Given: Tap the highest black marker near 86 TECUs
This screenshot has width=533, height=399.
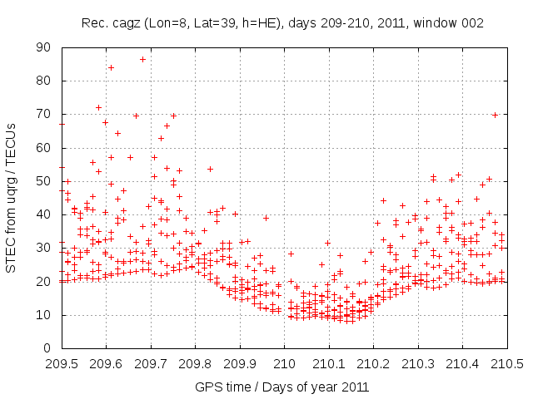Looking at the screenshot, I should pos(142,59).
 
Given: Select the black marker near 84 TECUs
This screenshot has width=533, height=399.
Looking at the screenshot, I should pos(111,67).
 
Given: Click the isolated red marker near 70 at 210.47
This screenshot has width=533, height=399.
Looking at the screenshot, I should pos(495,115).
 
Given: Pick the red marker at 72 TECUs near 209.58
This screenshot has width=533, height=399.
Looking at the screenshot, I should pos(98,107).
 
